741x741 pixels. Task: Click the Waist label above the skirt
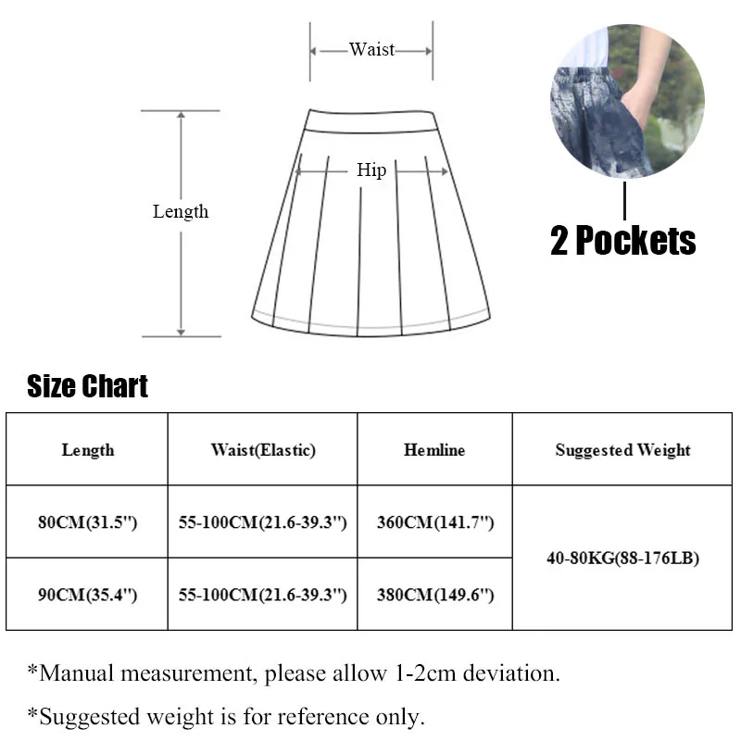pos(371,50)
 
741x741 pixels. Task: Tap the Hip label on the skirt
pos(371,170)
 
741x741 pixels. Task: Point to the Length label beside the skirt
pos(181,212)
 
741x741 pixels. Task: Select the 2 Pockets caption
pos(623,241)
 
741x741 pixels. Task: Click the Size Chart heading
pos(88,386)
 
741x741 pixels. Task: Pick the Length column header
pos(88,450)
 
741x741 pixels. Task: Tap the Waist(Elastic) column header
pos(263,450)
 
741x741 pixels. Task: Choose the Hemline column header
pos(434,450)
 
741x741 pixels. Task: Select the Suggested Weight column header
pos(622,450)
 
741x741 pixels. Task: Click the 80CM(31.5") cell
pos(88,522)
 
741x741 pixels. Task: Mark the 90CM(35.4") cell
pos(88,595)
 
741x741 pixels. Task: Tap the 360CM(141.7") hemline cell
pos(435,522)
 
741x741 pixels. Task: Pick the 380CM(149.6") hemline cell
pos(435,595)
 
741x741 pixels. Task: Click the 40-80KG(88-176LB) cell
pos(622,559)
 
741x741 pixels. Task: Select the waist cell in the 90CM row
pos(263,595)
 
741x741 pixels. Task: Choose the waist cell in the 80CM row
pos(263,522)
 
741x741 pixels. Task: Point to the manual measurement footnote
pos(294,673)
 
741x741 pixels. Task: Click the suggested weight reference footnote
pos(226,716)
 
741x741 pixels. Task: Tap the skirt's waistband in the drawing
pos(370,121)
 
